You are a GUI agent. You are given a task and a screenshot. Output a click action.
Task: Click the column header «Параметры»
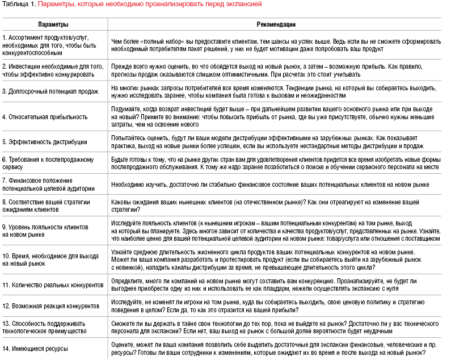click(53, 25)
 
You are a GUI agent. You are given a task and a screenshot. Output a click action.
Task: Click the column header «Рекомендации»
click(276, 25)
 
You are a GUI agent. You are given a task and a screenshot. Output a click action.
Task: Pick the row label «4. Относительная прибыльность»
click(45, 117)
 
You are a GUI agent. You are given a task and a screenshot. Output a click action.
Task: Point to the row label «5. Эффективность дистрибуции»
click(45, 141)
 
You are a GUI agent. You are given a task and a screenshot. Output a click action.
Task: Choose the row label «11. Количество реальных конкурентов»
click(53, 285)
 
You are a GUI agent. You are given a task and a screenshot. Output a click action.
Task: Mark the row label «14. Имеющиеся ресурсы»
click(35, 348)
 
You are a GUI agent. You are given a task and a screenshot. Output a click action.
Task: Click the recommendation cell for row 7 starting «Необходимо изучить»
click(269, 185)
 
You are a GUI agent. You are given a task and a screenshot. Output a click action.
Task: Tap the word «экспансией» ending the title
click(245, 4)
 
